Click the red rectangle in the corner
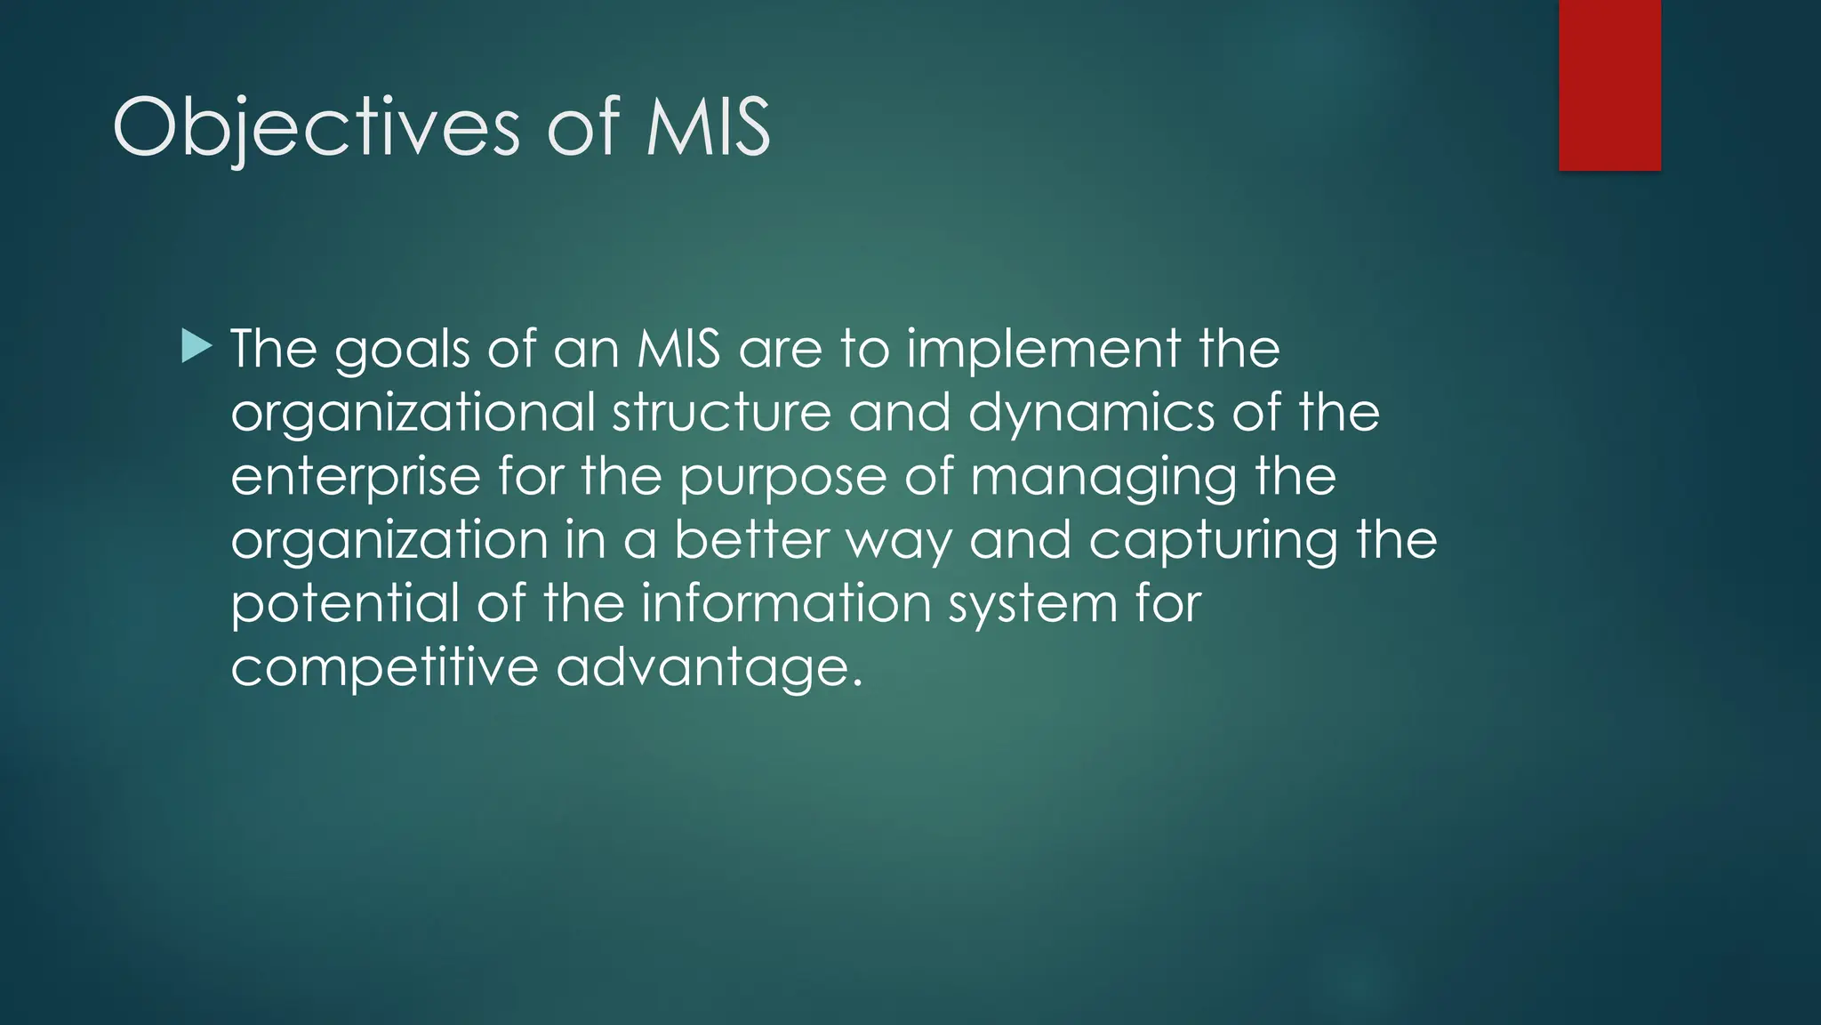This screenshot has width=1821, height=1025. (1609, 85)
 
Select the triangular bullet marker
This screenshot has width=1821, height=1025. (197, 346)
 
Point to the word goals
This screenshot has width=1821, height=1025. (402, 349)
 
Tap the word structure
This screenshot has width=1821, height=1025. (721, 413)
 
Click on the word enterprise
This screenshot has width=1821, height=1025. (356, 477)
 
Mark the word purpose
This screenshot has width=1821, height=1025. (783, 478)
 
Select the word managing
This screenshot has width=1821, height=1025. (1103, 478)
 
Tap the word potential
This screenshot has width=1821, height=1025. (344, 604)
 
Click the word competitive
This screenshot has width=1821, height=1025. (384, 668)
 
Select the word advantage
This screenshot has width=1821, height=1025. (709, 668)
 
